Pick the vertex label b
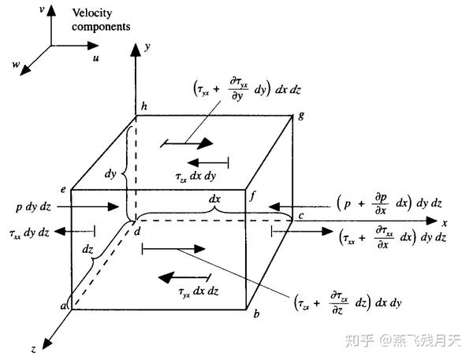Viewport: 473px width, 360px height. pyautogui.click(x=255, y=314)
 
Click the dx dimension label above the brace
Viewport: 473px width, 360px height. pyautogui.click(x=214, y=199)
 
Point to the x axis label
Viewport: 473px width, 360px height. pyautogui.click(x=444, y=223)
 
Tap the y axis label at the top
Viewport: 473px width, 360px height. pyautogui.click(x=147, y=46)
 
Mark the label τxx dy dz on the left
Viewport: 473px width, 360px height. pyautogui.click(x=29, y=234)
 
